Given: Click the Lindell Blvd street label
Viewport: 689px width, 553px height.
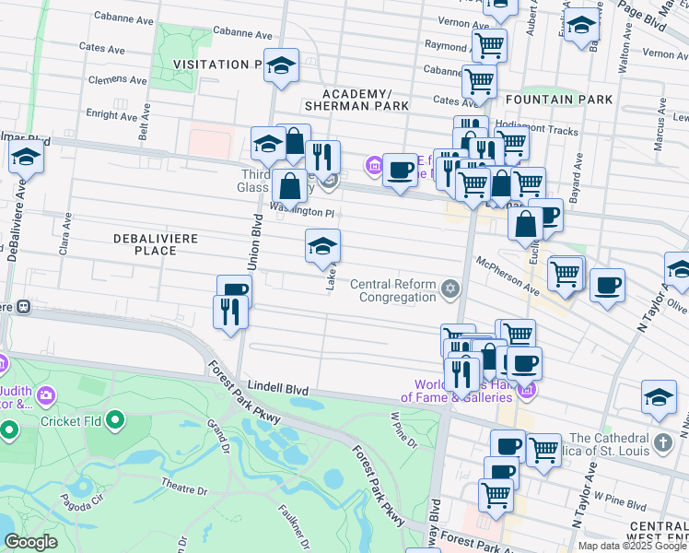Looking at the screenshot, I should [277, 390].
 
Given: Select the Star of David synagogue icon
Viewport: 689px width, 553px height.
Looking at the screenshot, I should [450, 290].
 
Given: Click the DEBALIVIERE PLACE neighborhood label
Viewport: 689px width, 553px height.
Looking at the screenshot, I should [145, 244].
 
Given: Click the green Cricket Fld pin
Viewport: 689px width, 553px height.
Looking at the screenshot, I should [115, 422].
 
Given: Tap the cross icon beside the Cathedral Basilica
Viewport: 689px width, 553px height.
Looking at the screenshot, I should [663, 444].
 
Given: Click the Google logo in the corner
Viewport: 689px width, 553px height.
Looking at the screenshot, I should [30, 542].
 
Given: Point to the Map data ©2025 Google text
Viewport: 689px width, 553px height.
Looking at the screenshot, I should [632, 546].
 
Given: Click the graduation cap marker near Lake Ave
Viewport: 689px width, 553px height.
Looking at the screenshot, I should [322, 246].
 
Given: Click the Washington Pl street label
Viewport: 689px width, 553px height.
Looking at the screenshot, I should [307, 211].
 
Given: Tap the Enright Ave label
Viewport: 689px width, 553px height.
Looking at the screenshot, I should [111, 115].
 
